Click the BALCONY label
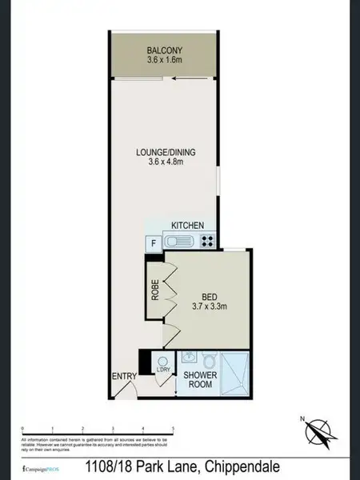(x=166, y=48)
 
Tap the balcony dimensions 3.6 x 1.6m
(x=166, y=58)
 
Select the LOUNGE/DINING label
(x=166, y=152)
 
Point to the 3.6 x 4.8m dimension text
(x=166, y=162)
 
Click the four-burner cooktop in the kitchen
(x=208, y=241)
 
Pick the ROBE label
(x=155, y=289)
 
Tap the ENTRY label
(x=124, y=377)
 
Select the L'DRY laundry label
(x=164, y=370)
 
